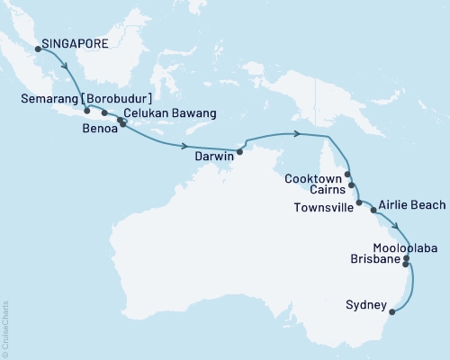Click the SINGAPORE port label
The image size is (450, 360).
coord(78,41)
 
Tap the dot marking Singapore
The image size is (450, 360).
coord(38,49)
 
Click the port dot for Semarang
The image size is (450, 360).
coord(86,111)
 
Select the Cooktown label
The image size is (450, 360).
coord(311,178)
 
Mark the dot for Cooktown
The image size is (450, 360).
coord(347,176)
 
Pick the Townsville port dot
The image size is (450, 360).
coord(358,203)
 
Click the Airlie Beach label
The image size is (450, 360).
coord(411,205)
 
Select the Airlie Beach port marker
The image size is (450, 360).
coord(373,210)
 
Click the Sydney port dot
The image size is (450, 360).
coord(392,313)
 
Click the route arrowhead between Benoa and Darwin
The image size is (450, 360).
coord(184,146)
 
